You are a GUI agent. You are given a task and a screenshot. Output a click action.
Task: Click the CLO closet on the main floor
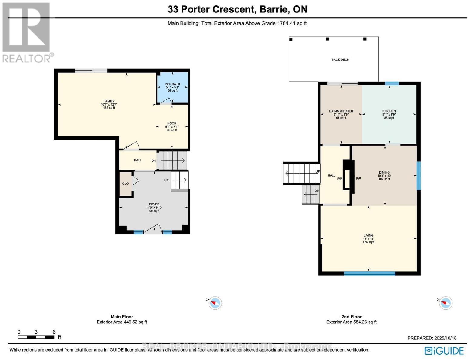125,184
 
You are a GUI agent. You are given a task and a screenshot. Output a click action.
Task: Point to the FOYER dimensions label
154,208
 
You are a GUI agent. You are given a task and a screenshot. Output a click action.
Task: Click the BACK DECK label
340,60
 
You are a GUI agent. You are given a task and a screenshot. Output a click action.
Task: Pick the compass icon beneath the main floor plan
215,303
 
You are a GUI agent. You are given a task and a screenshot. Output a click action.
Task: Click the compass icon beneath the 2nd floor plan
446,303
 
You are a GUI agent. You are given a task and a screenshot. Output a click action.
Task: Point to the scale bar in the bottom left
36,337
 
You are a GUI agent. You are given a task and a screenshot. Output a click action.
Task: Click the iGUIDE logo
444,351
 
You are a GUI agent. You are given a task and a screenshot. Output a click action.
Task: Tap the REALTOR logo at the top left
26,32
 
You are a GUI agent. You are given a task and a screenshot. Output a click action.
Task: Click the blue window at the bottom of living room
369,274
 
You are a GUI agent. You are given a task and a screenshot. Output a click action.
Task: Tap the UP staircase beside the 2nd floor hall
302,174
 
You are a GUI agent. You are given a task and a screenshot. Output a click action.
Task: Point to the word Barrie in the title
274,9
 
